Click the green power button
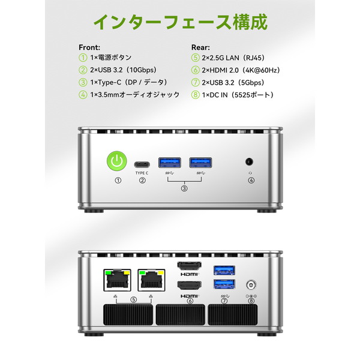(x=117, y=161)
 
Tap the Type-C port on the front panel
(x=142, y=164)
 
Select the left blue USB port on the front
(x=170, y=163)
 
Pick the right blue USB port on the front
(x=200, y=163)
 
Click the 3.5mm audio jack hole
(x=249, y=161)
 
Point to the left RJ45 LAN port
(x=118, y=280)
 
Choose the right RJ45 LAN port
(x=151, y=280)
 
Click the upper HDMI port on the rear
(x=190, y=266)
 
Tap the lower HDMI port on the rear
(x=190, y=286)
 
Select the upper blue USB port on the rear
(x=224, y=270)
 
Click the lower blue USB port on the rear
(x=224, y=284)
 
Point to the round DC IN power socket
(x=251, y=286)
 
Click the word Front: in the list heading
(x=89, y=47)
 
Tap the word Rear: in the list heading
(x=200, y=47)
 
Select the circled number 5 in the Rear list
(x=195, y=58)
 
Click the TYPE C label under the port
(x=142, y=173)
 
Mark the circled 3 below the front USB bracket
(x=184, y=188)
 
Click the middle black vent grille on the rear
(x=181, y=315)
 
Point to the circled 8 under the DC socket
(x=251, y=301)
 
